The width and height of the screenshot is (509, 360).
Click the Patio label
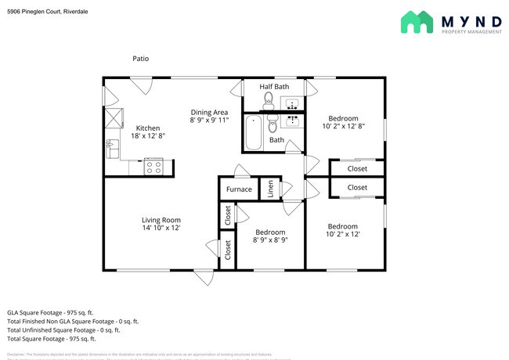point(140,59)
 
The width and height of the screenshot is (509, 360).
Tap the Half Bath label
point(274,86)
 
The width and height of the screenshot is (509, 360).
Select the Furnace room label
point(239,189)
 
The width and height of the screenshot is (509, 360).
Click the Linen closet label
point(270,189)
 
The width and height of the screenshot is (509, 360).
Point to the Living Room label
point(161,220)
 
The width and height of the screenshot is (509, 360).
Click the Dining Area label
point(209,112)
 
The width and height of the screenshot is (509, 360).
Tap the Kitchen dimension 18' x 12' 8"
point(148,136)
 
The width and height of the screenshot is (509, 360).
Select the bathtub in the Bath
point(254,132)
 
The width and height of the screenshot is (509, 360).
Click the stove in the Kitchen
point(153,166)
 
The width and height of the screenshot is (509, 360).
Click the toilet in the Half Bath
point(268,99)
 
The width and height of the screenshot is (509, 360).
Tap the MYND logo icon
point(417,22)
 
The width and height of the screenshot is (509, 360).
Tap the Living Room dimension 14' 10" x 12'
point(161,229)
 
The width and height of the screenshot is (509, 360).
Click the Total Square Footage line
point(52,339)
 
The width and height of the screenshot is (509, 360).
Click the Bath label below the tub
point(276,140)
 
